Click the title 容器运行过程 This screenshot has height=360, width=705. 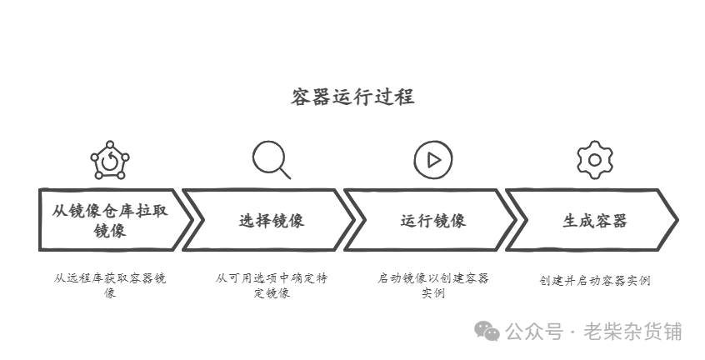point(352,97)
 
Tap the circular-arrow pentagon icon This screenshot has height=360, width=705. point(110,159)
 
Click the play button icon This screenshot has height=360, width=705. point(432,159)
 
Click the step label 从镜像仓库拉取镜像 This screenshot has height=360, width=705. point(110,220)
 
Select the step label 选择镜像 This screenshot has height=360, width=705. point(272,220)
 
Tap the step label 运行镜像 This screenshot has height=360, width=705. point(433,220)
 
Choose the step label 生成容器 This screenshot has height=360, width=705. point(594,220)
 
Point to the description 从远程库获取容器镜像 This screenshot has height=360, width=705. point(110,285)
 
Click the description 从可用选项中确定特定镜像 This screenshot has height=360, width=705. point(272,285)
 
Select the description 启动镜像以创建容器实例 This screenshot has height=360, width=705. point(433,285)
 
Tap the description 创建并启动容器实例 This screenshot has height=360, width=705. point(594,280)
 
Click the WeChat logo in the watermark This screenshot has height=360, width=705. point(487,331)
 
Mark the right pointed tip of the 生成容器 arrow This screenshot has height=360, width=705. point(676,220)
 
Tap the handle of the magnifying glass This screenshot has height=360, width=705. point(285,173)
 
